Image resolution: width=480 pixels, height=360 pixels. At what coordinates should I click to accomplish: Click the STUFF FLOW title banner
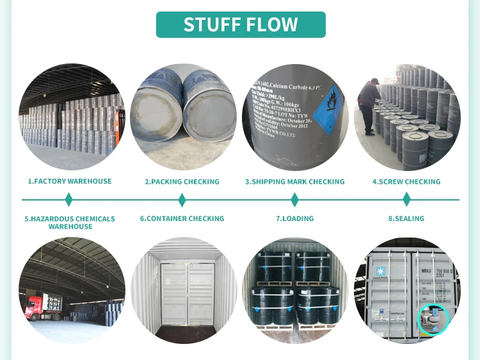[241, 24]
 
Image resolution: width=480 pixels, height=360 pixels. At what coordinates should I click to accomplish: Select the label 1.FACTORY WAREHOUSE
[70, 182]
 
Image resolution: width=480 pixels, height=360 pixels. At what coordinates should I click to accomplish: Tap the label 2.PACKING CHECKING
[182, 182]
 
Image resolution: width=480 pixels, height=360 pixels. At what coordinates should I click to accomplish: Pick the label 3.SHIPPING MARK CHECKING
[294, 182]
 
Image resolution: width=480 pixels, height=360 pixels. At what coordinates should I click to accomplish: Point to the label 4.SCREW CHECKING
[406, 182]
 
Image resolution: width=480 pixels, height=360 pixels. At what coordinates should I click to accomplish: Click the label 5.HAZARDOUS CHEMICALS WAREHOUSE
[70, 222]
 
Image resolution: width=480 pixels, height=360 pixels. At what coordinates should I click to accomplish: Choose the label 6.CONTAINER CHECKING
[182, 218]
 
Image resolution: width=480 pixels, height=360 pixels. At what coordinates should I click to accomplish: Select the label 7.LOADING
[294, 218]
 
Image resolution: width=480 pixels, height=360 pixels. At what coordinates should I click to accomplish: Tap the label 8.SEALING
[406, 218]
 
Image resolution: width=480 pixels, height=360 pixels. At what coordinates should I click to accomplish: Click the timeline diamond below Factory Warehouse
[70, 200]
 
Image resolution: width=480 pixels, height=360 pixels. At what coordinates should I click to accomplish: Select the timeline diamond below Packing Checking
[182, 200]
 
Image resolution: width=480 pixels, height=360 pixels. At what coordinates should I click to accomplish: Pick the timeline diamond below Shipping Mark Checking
[294, 200]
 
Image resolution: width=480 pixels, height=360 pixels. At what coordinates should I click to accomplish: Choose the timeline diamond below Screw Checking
[406, 200]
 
